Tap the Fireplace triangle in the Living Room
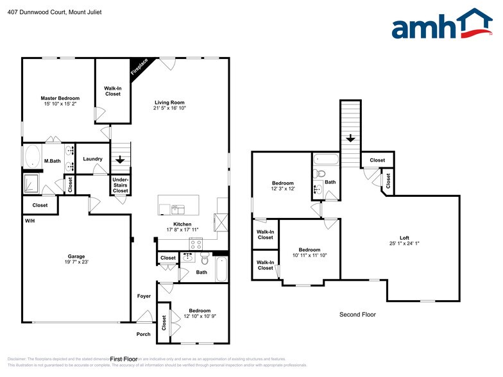(x=138, y=67)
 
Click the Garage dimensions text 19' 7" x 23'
(x=76, y=262)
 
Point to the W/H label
(x=30, y=221)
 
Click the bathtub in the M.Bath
(x=32, y=157)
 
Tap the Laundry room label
(x=93, y=159)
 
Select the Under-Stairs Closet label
(x=121, y=185)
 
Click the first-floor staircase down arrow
(x=121, y=160)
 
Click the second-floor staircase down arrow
(x=351, y=138)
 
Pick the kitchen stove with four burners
(x=196, y=244)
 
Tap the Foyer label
(x=144, y=296)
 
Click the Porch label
(x=143, y=334)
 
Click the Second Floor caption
(x=357, y=315)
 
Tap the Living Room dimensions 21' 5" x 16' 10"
(x=169, y=108)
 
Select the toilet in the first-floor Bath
(x=204, y=260)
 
